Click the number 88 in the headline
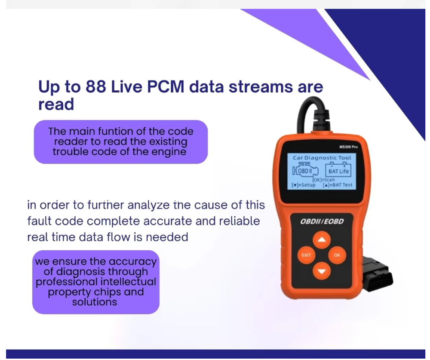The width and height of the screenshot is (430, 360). (96, 87)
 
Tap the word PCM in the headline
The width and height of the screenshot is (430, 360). (166, 87)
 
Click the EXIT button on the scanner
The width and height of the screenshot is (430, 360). (306, 255)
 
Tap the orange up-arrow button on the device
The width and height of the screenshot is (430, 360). (322, 240)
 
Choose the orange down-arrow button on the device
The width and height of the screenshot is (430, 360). (322, 271)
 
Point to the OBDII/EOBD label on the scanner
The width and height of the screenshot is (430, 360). (322, 222)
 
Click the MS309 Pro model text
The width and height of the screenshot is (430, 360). (348, 147)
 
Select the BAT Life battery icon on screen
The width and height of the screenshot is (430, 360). (338, 170)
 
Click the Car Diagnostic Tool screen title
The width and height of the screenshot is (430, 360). (322, 158)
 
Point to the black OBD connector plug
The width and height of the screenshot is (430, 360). (378, 274)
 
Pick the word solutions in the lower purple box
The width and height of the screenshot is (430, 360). (95, 302)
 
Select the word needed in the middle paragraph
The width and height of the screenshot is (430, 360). (167, 237)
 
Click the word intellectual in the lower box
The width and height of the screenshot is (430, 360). (128, 282)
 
